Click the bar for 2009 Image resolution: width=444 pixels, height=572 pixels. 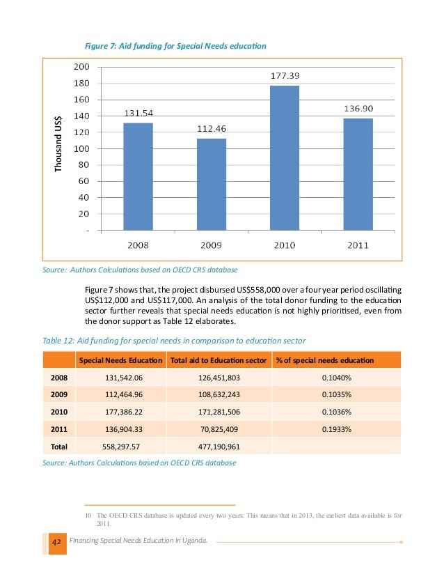click(x=212, y=184)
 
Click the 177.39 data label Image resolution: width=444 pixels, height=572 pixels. click(x=285, y=75)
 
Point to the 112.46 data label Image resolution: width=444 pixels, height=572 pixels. click(x=212, y=128)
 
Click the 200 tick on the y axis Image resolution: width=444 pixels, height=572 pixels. click(x=81, y=67)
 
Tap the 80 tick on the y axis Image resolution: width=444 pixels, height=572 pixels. click(x=84, y=164)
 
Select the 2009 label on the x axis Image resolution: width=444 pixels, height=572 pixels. click(x=212, y=245)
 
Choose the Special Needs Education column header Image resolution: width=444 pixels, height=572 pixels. click(x=120, y=360)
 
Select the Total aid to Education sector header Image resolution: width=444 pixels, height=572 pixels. click(x=219, y=360)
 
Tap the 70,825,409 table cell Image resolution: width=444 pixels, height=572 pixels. click(x=219, y=429)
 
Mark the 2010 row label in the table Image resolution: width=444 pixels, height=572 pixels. click(x=59, y=412)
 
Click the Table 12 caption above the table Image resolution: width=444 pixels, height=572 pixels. click(x=174, y=340)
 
